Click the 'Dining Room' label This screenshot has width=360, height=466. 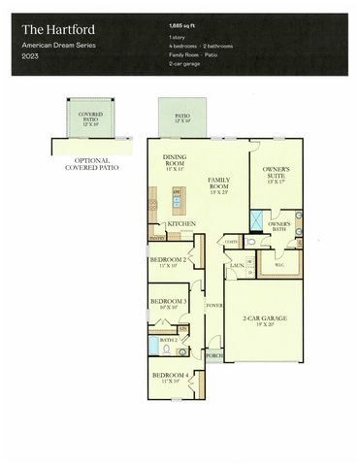click(x=175, y=161)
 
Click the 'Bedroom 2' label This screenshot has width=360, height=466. click(x=169, y=261)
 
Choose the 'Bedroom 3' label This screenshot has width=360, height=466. click(x=168, y=302)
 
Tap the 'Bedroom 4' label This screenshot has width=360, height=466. click(x=168, y=376)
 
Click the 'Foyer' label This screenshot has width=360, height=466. click(x=213, y=306)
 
